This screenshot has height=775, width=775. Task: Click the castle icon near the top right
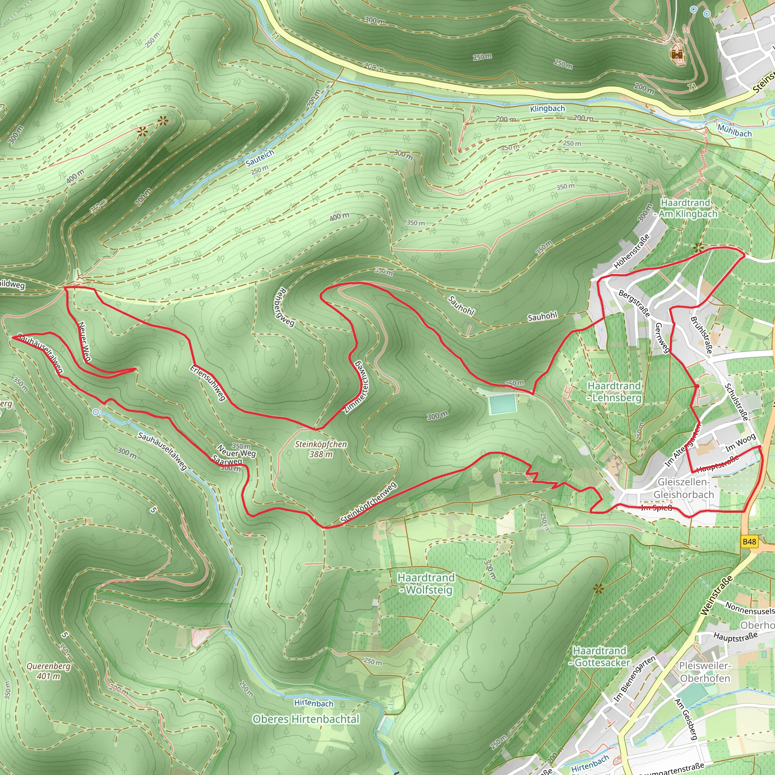click(677, 54)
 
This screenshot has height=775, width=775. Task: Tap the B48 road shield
click(749, 542)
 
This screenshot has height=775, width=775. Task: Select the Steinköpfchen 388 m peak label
click(321, 449)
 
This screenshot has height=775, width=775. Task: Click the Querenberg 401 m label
click(48, 671)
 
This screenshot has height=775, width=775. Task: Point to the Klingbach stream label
click(547, 109)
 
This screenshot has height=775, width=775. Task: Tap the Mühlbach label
click(734, 131)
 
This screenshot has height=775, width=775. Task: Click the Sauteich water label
click(260, 158)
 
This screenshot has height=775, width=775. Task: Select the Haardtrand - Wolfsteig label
click(426, 583)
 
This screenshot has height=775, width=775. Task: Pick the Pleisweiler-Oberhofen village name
click(705, 672)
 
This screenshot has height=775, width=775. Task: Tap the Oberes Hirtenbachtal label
click(306, 719)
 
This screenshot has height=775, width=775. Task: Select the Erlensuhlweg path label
click(208, 383)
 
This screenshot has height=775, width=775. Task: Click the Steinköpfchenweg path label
click(368, 502)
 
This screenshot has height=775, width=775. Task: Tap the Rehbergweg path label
click(285, 307)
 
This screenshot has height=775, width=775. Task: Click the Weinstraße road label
click(716, 595)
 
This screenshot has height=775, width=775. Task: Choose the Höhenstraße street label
click(632, 252)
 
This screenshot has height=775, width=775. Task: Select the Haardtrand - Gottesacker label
click(599, 656)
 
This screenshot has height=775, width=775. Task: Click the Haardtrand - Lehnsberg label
click(614, 392)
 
